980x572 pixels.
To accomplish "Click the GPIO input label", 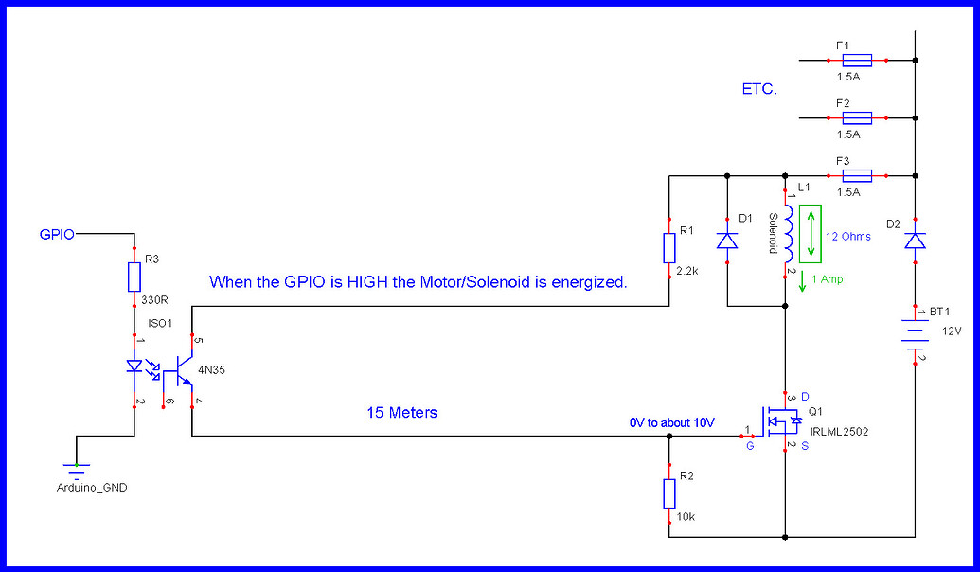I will [57, 232].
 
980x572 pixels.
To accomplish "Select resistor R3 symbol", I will [134, 277].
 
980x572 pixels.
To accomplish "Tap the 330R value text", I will [154, 301].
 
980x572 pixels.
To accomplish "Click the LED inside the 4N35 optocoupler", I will [134, 366].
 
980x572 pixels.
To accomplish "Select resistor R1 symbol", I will [669, 247].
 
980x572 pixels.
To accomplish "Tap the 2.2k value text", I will [688, 271].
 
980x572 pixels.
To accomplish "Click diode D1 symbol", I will [726, 241].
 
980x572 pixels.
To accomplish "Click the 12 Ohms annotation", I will [848, 237].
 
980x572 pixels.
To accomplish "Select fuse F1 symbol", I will [857, 61].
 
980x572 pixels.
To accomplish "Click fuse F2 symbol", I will [857, 118].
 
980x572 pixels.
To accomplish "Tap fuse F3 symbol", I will [857, 175].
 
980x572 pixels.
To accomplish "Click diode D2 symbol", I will [915, 241].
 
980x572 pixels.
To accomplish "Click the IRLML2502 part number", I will [838, 431].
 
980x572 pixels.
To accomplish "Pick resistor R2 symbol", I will [669, 493].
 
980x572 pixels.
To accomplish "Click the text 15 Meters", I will [402, 413].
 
